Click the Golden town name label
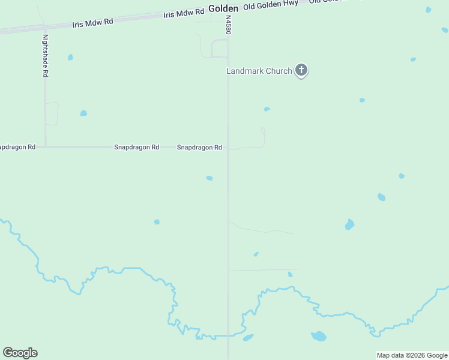pos(223,9)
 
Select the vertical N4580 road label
pos(228,25)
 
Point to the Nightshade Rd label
pos(45,55)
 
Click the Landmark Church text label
pos(259,71)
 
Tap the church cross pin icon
pos(301,71)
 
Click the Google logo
pos(20,353)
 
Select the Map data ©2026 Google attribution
pos(412,355)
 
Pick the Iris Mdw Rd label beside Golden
pos(184,13)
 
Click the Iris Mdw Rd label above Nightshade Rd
pos(92,23)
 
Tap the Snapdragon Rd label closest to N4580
pos(199,147)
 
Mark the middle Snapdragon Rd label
pos(136,147)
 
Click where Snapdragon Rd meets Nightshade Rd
pos(45,146)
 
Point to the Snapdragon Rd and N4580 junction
pos(228,147)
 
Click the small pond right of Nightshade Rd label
pos(70,58)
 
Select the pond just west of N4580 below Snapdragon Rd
pos(209,178)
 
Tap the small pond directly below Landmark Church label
pos(267,109)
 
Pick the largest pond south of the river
pos(318,336)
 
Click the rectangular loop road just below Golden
pos(220,49)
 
